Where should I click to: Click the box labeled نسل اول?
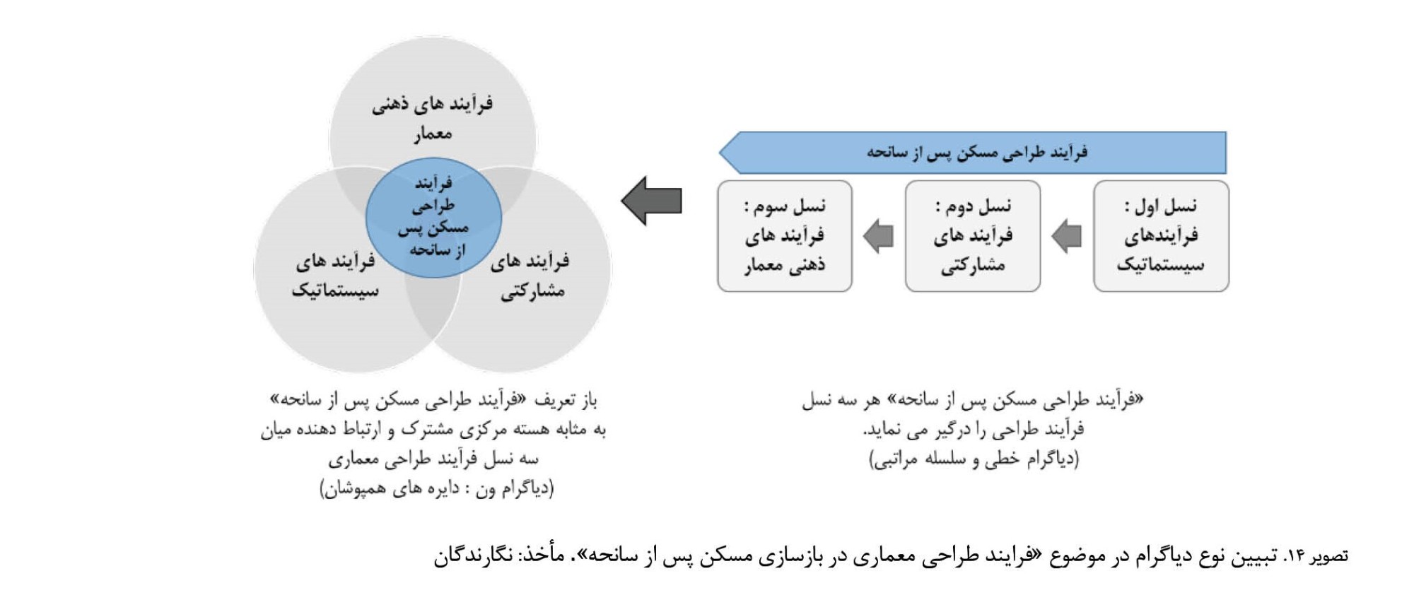click(x=1161, y=236)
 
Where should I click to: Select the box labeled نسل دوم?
click(x=973, y=236)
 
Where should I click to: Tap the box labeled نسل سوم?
click(x=785, y=236)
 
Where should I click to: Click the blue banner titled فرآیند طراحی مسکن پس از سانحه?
click(x=973, y=152)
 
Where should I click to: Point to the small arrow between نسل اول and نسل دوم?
click(x=1067, y=236)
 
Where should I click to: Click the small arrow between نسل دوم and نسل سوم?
click(x=879, y=236)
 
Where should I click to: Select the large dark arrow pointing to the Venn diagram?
click(x=652, y=201)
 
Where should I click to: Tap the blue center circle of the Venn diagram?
click(x=433, y=218)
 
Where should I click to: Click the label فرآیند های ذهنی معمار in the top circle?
click(x=433, y=118)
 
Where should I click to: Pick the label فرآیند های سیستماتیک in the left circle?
click(x=335, y=276)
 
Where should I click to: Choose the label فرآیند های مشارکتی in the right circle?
click(x=530, y=276)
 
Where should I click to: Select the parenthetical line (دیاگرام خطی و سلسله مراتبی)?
click(x=974, y=459)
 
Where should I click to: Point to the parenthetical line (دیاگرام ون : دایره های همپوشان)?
click(x=437, y=489)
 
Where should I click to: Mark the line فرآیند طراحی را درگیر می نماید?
click(x=974, y=430)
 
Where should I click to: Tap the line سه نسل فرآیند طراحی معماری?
click(x=433, y=459)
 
